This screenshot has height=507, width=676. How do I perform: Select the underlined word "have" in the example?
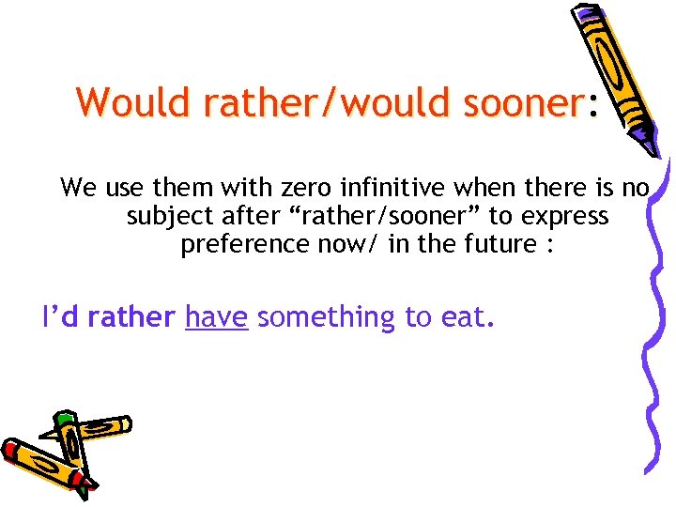(216, 317)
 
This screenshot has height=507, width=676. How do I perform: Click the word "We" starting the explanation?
(78, 188)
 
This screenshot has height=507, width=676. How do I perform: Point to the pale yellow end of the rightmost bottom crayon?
(121, 425)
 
